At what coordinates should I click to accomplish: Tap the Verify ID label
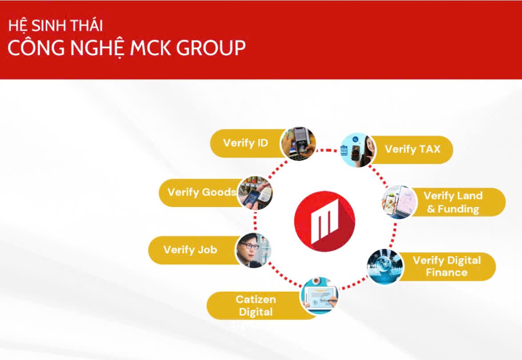coord(245,143)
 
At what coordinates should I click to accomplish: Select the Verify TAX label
coord(412,149)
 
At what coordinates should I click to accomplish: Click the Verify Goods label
coord(201,192)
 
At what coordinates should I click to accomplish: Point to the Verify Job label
coord(190,249)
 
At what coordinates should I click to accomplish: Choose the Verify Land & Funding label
coord(453,202)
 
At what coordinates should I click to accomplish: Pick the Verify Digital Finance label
coord(446,266)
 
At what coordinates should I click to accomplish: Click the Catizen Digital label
coord(256,305)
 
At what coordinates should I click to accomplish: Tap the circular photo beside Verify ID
coord(298,143)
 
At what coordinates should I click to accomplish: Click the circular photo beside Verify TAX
coord(358,150)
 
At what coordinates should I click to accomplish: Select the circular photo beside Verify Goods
coord(255,193)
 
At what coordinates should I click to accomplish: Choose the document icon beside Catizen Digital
coord(319,295)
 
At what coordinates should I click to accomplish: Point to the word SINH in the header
coord(47,25)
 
